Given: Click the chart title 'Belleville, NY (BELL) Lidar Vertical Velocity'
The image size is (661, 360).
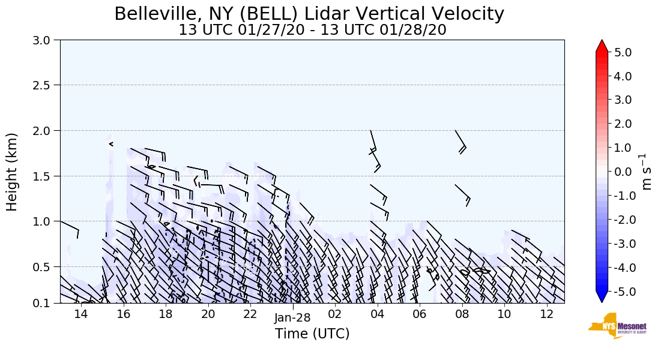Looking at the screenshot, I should [x=309, y=14].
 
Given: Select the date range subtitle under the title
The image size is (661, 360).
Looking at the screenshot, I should [x=312, y=30].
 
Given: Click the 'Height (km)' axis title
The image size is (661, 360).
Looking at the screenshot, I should [x=12, y=172].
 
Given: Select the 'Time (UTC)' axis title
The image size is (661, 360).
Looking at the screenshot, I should [x=312, y=334].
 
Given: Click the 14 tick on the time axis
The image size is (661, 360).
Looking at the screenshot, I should [x=81, y=315].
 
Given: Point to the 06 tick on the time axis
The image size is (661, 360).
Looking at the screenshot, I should [x=419, y=315].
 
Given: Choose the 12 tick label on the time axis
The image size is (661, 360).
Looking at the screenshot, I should [x=547, y=315].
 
